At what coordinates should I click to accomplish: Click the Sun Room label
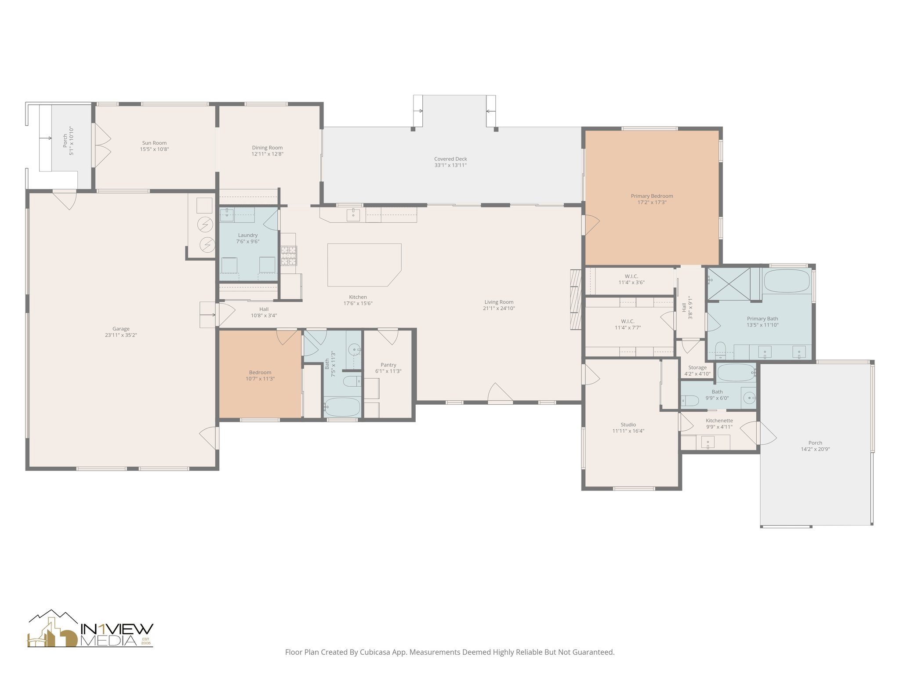(154, 143)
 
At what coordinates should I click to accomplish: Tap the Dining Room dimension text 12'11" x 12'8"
(267, 154)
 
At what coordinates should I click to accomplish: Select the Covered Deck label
(450, 159)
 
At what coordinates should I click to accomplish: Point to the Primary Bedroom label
(652, 196)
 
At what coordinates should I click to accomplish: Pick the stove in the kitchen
(289, 256)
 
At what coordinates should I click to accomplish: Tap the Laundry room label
(248, 235)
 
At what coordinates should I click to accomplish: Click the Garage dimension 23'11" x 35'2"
(121, 335)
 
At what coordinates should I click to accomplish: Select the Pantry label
(388, 365)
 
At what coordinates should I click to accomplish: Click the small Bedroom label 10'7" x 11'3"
(260, 373)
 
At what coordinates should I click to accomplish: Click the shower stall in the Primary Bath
(728, 283)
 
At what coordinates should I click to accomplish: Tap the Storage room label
(697, 367)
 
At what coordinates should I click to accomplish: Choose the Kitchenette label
(719, 421)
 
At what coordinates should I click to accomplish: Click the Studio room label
(628, 425)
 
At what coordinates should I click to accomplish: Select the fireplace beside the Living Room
(575, 299)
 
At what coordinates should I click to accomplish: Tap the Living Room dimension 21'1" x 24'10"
(499, 308)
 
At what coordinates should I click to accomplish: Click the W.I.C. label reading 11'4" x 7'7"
(628, 327)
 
